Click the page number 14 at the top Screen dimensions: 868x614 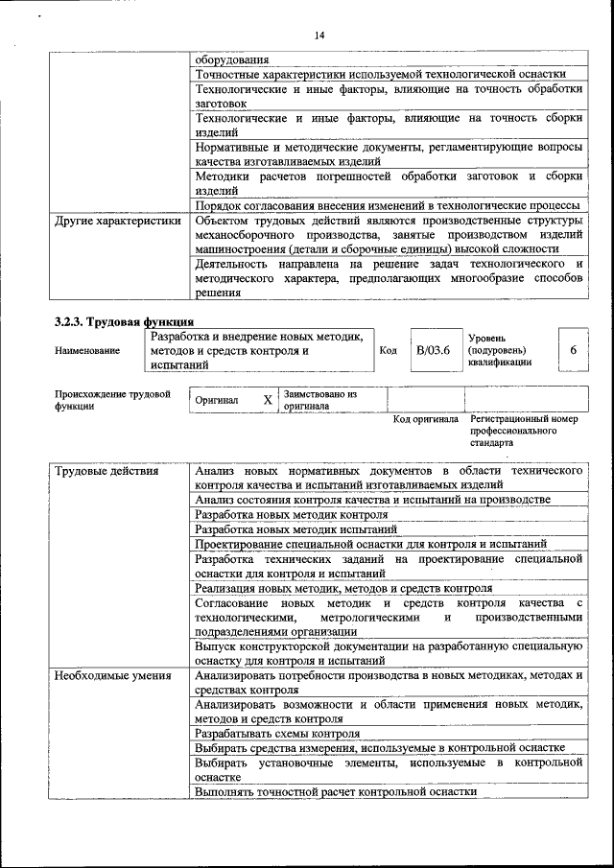pyautogui.click(x=319, y=35)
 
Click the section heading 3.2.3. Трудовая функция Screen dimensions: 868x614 pyautogui.click(x=125, y=321)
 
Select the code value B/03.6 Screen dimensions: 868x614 pyautogui.click(x=433, y=350)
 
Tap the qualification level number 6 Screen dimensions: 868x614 pyautogui.click(x=573, y=350)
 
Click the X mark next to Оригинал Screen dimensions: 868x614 pyautogui.click(x=268, y=399)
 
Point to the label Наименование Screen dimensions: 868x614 pyautogui.click(x=87, y=351)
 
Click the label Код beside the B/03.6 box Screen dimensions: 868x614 pyautogui.click(x=388, y=350)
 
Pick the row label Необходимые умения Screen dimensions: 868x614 pyautogui.click(x=113, y=675)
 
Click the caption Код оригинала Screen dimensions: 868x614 pyautogui.click(x=426, y=419)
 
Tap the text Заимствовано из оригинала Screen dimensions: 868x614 pyautogui.click(x=320, y=400)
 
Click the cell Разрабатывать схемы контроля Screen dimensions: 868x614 pyautogui.click(x=271, y=733)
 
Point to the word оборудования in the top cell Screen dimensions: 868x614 pyautogui.click(x=232, y=59)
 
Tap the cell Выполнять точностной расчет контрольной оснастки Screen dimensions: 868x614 pyautogui.click(x=335, y=792)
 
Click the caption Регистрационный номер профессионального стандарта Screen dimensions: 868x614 pyautogui.click(x=524, y=431)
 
